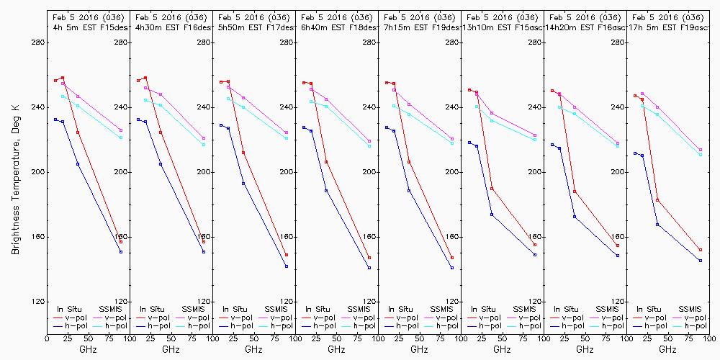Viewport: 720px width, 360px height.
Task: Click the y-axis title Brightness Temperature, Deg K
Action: (x=14, y=174)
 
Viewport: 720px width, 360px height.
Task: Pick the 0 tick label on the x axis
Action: (x=47, y=336)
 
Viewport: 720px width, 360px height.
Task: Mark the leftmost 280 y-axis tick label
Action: (x=37, y=42)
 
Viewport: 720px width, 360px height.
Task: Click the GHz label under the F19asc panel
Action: (x=667, y=349)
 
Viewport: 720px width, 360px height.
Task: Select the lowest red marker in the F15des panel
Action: (x=121, y=241)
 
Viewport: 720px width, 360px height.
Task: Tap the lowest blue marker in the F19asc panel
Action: (x=701, y=261)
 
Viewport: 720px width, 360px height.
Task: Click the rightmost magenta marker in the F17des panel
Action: (x=287, y=132)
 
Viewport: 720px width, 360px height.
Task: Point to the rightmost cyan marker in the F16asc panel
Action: (x=618, y=146)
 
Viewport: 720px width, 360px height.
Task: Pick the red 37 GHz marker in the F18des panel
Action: (x=326, y=162)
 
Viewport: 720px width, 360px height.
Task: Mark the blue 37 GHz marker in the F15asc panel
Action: (x=492, y=215)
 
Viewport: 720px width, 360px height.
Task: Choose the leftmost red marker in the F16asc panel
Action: (x=552, y=91)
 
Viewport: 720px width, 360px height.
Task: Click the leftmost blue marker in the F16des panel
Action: (x=138, y=120)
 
